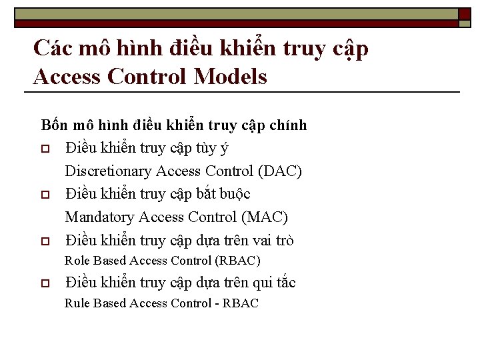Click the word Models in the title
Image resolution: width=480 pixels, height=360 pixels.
[230, 77]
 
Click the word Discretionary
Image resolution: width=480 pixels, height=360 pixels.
[108, 171]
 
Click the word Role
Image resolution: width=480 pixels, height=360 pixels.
[77, 261]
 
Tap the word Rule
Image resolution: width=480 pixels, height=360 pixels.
[77, 303]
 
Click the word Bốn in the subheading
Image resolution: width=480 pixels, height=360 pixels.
[55, 125]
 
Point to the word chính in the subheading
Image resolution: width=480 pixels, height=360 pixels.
[289, 125]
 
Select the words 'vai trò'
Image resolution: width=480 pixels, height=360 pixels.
[273, 240]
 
